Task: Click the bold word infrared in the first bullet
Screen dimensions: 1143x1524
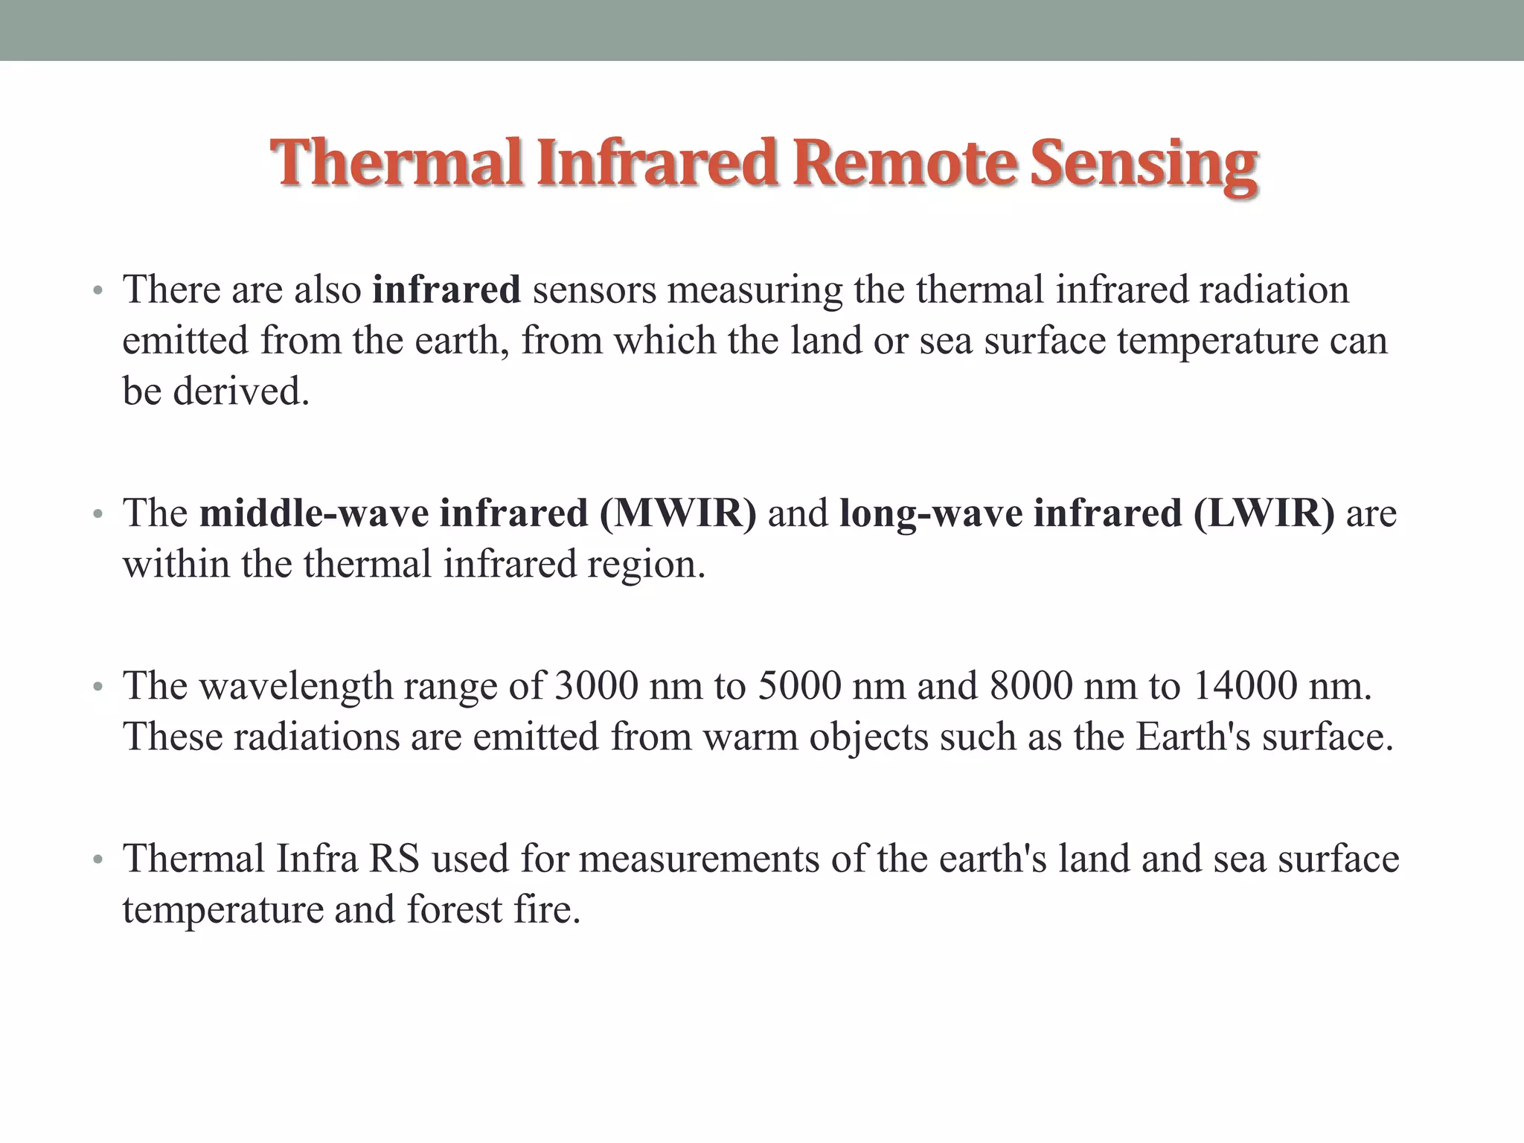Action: point(446,289)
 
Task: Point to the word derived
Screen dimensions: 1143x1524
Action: point(241,391)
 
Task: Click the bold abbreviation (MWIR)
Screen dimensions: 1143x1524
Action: point(678,513)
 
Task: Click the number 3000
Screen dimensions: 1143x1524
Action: point(596,685)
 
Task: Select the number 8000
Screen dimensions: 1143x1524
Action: point(1031,685)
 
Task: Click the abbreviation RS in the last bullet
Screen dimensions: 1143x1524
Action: point(394,858)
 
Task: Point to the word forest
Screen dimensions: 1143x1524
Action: point(454,909)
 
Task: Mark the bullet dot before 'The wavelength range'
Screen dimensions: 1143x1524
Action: point(96,688)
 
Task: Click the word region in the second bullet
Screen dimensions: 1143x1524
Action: point(644,565)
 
